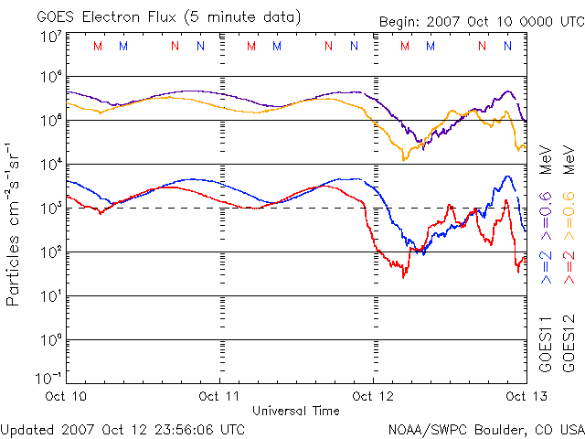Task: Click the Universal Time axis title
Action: coord(296,411)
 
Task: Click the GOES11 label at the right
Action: coord(546,344)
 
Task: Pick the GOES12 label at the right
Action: coord(569,344)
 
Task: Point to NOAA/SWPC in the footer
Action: coord(426,428)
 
